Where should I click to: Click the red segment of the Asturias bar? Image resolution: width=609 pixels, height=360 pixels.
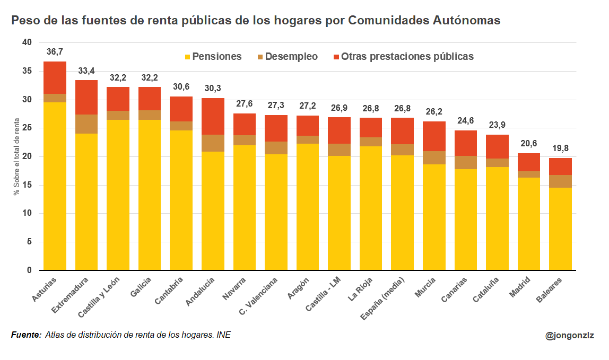[x=55, y=77]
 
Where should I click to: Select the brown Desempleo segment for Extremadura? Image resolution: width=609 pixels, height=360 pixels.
[x=86, y=124]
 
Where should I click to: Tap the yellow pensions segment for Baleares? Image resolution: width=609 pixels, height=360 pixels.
[x=560, y=229]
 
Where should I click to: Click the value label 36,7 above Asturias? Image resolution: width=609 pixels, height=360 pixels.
[x=55, y=52]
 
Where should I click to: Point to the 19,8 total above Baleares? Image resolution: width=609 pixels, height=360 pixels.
[x=560, y=148]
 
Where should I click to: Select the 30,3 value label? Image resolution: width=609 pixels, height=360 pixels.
[x=213, y=88]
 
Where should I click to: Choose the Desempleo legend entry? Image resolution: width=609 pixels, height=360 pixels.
[x=287, y=57]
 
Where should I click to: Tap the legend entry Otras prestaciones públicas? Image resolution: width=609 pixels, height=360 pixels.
[x=402, y=57]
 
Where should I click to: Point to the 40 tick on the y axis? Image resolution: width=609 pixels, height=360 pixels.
[x=28, y=42]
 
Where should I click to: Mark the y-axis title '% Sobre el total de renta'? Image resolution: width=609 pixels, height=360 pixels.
[x=16, y=156]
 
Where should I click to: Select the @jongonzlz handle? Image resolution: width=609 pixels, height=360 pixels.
[x=570, y=335]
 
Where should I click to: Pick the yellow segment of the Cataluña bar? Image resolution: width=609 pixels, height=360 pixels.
[x=497, y=218]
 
